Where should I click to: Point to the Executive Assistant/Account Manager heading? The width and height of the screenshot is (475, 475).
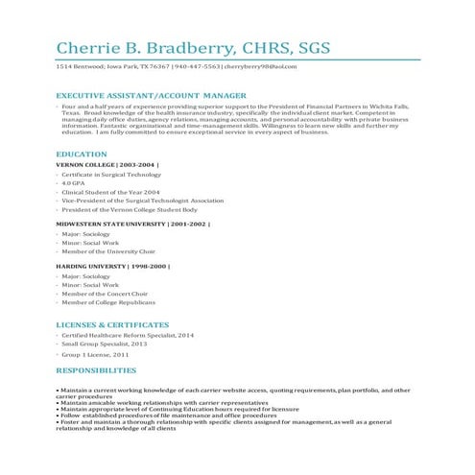click(151, 96)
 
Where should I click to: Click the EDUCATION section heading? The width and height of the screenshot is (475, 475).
click(82, 154)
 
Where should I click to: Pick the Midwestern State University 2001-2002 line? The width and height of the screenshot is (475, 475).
click(132, 223)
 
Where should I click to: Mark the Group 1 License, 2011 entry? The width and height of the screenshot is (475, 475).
click(95, 355)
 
